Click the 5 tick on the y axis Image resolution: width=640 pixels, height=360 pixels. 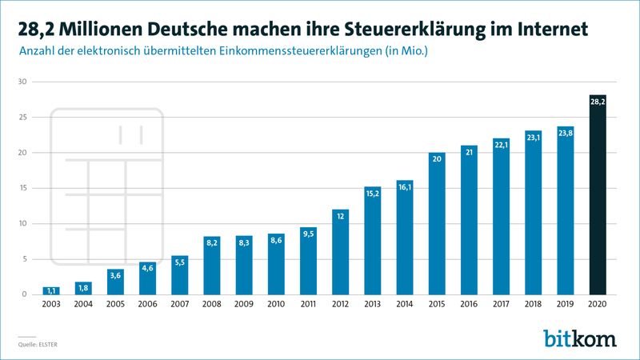pos(25,259)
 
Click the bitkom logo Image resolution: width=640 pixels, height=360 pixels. pos(579,338)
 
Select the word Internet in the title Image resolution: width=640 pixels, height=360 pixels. pos(550,29)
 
